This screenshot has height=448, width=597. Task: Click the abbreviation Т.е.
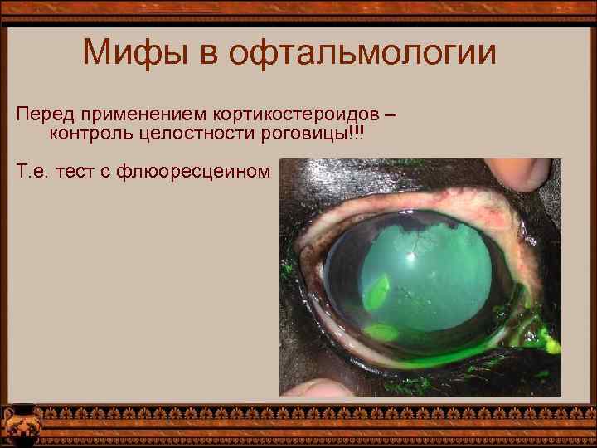[29, 172]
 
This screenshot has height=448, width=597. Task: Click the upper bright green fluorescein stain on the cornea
[377, 290]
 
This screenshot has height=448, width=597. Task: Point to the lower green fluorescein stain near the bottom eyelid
[381, 332]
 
